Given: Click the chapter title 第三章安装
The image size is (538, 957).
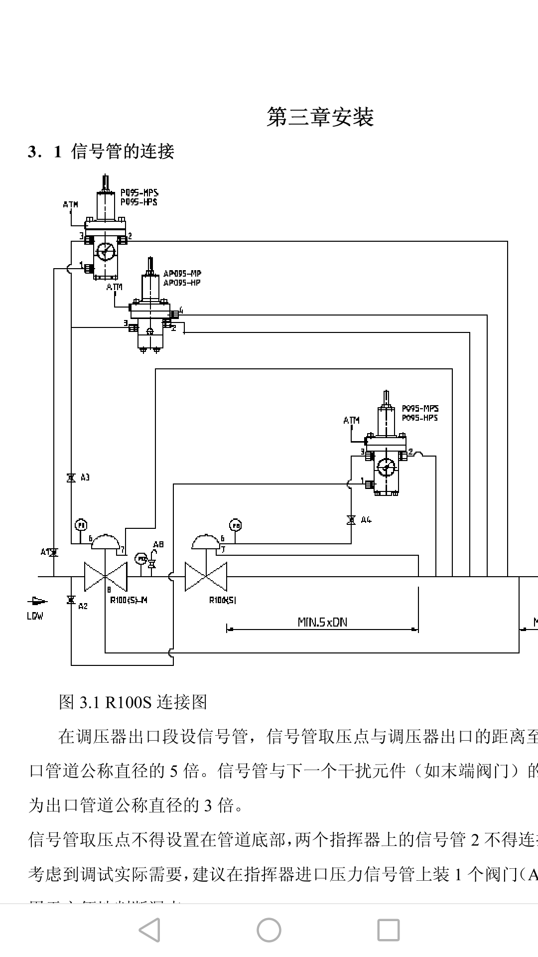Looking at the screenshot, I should coord(320,117).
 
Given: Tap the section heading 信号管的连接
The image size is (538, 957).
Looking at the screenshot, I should coord(123,151).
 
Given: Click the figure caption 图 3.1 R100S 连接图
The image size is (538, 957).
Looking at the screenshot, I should coord(133,702).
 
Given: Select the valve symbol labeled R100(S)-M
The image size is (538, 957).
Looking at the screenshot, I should coord(106,577).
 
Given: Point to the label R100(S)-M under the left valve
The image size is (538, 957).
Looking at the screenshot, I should coord(129,600).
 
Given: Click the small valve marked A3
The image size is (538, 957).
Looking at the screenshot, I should coord(71,478).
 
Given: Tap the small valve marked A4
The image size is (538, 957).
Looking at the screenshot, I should coord(351,520).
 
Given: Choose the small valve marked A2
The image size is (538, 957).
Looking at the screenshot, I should coord(71,600).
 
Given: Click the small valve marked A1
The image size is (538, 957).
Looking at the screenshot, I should coord(54,552).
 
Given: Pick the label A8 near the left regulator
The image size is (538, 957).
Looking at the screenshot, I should coord(158,544).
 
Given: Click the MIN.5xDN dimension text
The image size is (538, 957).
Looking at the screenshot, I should coord(322,622).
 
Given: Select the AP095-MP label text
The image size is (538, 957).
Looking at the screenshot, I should coord(182,274).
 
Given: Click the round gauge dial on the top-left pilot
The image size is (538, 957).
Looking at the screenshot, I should coord(106,251).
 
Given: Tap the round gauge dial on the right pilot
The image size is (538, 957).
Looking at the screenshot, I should coord(386,468).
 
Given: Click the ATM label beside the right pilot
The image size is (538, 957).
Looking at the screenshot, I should coord(351,420).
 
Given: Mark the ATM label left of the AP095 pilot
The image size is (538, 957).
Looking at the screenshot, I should coord(115,287).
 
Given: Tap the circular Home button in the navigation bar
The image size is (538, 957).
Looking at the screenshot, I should coord(269,930).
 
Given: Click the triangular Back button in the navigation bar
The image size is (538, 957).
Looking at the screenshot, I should coord(149,930).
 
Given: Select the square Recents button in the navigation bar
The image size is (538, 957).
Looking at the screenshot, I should coord(388,930).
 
